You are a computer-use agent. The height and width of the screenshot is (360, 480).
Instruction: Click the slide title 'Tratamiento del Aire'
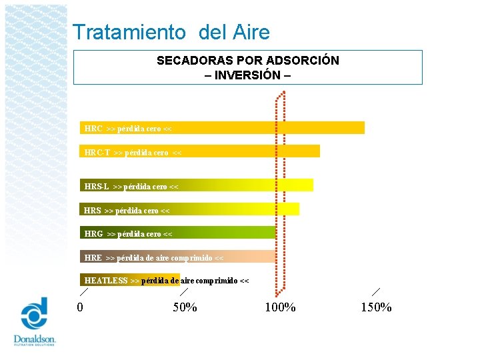(x=171, y=32)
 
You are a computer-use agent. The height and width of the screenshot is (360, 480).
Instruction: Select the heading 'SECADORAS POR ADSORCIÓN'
(x=247, y=61)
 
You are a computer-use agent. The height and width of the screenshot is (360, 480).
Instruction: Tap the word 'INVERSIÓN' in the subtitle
(x=247, y=75)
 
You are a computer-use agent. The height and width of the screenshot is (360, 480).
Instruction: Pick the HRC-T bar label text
(x=133, y=153)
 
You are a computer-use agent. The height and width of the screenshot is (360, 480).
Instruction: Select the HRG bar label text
(x=128, y=234)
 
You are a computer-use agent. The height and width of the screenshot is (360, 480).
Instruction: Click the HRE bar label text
(x=154, y=258)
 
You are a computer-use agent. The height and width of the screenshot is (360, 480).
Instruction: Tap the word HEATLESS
(x=106, y=281)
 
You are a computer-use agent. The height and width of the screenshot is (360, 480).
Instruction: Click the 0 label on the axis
(x=80, y=307)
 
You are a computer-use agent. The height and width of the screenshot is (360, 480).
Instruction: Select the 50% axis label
(x=185, y=307)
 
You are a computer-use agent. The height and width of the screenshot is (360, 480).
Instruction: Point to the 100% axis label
(x=280, y=307)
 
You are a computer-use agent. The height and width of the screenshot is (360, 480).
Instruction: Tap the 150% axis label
(x=376, y=307)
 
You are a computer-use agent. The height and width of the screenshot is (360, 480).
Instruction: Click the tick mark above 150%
(x=376, y=291)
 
